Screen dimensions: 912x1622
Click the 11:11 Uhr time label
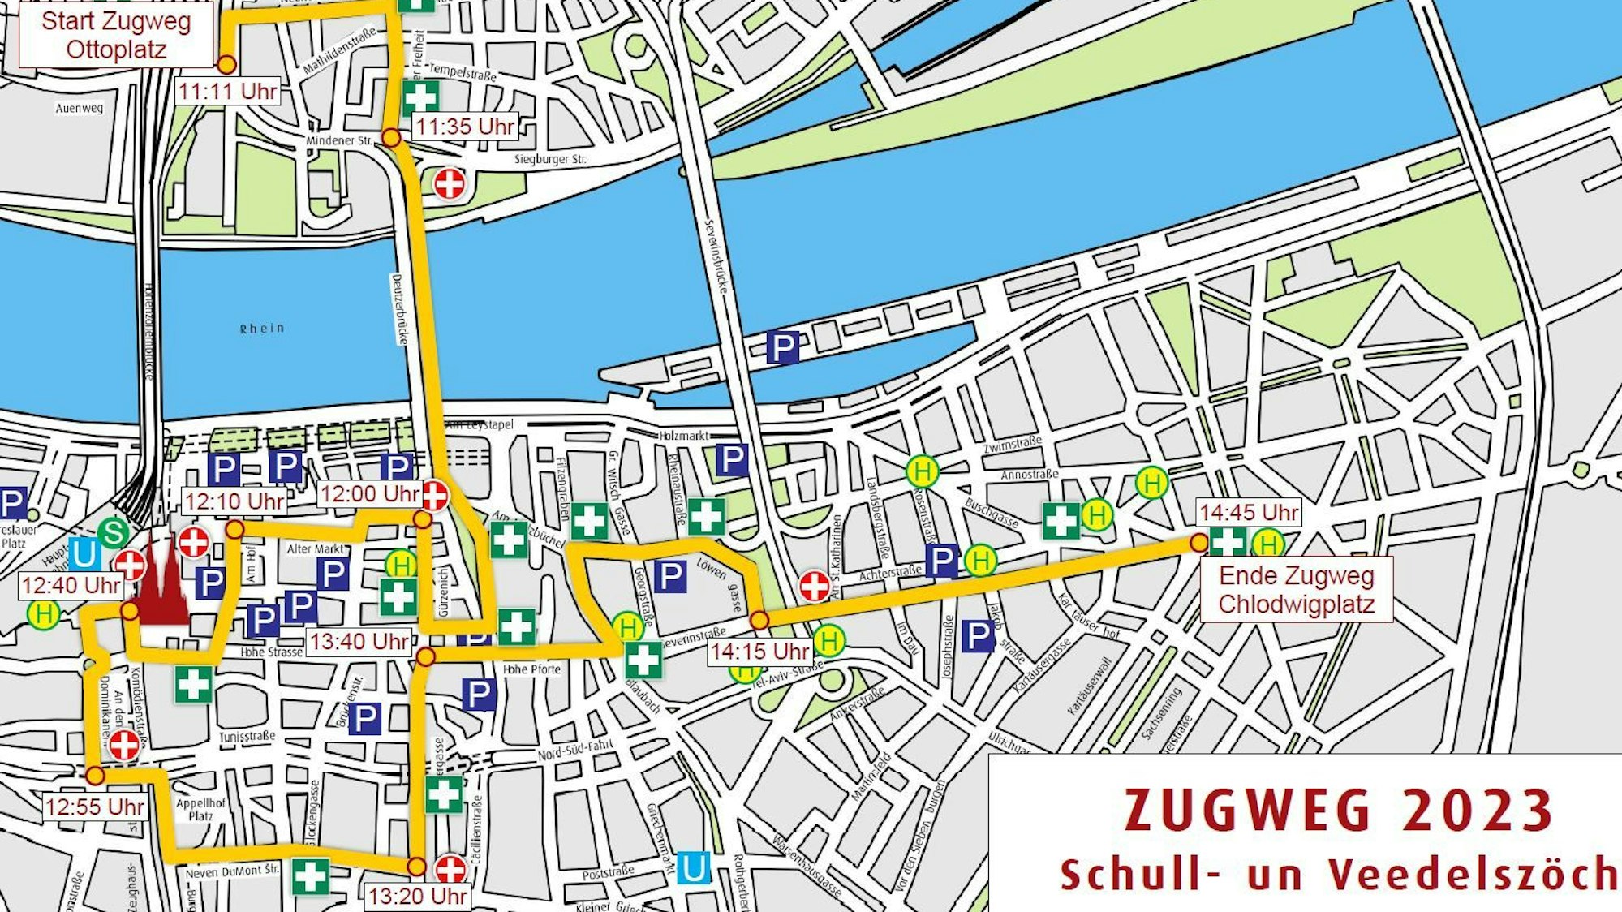(228, 90)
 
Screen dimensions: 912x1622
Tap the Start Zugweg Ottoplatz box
(116, 35)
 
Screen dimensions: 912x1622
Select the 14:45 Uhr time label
(1248, 512)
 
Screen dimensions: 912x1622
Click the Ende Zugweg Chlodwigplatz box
(1296, 590)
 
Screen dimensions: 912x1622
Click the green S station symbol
(113, 533)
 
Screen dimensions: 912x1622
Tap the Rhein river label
(262, 329)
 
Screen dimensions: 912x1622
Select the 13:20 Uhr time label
(417, 896)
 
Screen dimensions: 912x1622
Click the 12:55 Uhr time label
(95, 807)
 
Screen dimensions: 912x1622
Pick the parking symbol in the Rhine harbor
(782, 347)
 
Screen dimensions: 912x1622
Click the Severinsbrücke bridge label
(717, 256)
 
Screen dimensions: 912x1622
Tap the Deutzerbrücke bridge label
(398, 309)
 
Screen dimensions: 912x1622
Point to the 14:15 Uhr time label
(759, 651)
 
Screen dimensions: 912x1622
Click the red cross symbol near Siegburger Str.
(450, 183)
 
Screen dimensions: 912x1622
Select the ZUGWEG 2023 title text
(1337, 811)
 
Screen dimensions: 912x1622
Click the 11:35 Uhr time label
(465, 127)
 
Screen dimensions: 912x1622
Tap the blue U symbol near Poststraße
(693, 867)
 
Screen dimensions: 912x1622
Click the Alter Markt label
(315, 548)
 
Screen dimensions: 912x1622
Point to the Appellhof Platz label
(200, 809)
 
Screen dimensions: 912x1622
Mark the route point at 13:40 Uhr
(425, 656)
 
